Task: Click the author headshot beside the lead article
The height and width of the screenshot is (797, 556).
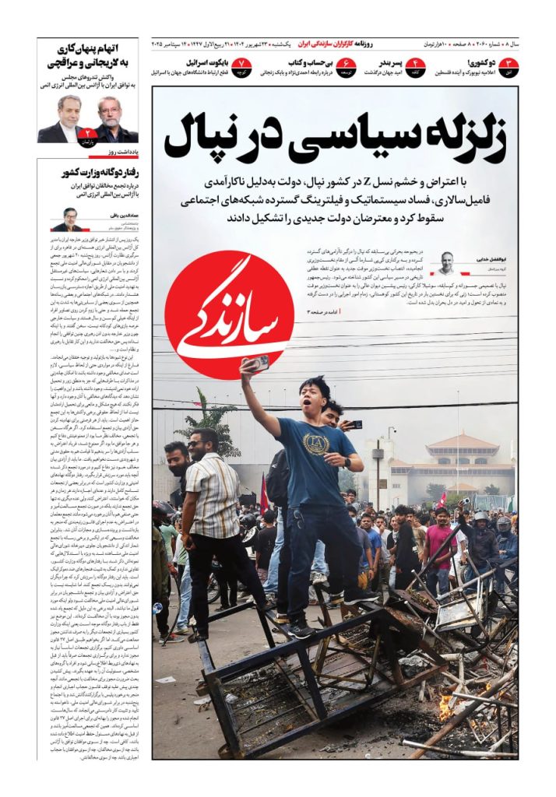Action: click(445, 262)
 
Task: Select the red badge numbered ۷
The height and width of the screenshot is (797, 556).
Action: click(242, 66)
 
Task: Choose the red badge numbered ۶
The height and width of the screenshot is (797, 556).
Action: click(347, 66)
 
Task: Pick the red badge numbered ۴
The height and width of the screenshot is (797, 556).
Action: click(416, 66)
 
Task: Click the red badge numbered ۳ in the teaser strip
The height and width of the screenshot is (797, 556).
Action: click(508, 66)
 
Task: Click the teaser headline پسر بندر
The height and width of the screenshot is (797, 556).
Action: click(386, 62)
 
